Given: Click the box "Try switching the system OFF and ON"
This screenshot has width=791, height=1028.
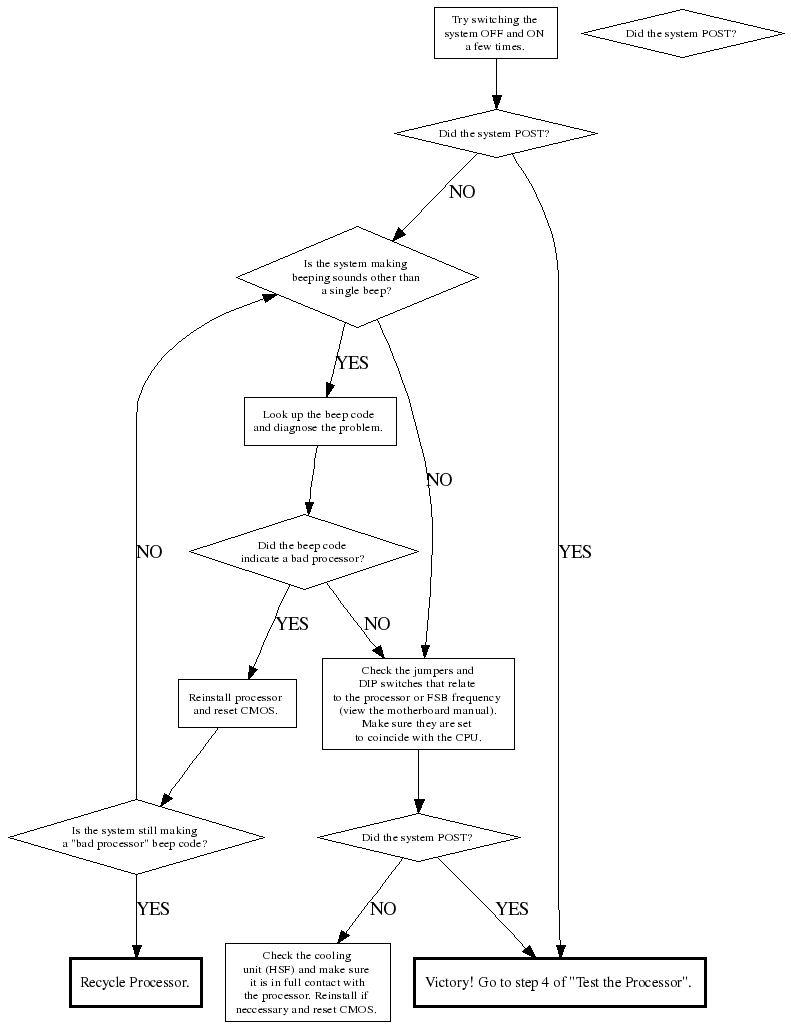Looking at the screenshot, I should (x=495, y=33).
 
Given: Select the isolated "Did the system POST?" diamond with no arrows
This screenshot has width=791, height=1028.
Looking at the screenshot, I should (x=682, y=33).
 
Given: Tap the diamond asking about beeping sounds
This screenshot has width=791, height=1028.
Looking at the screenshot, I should (x=356, y=277).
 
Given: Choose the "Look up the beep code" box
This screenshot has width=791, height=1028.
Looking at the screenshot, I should (x=319, y=421).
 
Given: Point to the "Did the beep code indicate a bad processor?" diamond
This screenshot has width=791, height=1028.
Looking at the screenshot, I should (x=303, y=551).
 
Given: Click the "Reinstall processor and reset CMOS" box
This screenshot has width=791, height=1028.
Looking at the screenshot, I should (x=235, y=703).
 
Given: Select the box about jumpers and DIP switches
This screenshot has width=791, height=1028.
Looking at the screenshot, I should (x=417, y=703).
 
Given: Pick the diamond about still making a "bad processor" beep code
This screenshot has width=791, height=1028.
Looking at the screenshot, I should (x=135, y=836).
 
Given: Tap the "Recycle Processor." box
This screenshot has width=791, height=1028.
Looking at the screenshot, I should (x=135, y=982).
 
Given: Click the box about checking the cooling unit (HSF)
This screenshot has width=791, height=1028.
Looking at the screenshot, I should (x=307, y=982).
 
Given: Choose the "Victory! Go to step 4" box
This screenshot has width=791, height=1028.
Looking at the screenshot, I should (x=559, y=982).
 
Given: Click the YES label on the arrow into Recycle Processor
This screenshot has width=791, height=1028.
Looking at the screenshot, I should (x=153, y=909).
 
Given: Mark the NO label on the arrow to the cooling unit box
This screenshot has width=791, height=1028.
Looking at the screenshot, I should (x=383, y=909).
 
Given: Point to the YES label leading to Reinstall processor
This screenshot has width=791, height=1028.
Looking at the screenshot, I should (x=292, y=624).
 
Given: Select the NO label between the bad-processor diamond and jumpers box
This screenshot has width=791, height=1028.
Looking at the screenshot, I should (x=377, y=624).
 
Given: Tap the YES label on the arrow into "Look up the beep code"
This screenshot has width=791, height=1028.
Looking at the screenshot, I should (x=352, y=363).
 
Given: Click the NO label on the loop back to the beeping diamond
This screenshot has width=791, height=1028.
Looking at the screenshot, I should (x=149, y=552).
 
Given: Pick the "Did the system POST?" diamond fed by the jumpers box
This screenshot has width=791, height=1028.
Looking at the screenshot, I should (x=418, y=837).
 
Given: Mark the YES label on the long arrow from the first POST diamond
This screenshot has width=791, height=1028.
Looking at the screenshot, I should (x=575, y=552).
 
